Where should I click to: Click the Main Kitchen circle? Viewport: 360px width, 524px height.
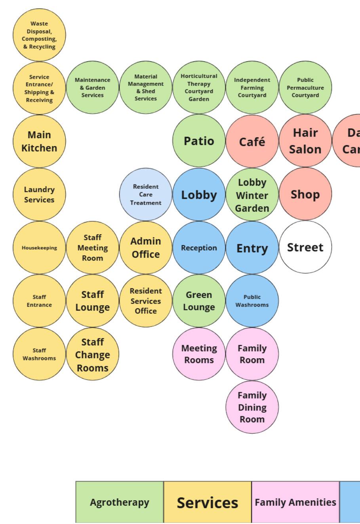39,141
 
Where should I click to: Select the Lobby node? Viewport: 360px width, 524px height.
199,195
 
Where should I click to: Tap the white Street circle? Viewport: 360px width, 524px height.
305,247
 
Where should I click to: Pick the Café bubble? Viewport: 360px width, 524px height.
252,141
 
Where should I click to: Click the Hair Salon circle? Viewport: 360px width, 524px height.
305,141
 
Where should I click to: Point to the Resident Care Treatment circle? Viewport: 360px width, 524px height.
146,194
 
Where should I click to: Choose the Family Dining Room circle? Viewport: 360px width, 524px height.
252,407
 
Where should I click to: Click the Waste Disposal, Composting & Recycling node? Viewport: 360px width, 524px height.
39,35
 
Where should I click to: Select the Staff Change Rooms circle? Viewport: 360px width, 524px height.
93,354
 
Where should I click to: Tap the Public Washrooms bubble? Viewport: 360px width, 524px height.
252,301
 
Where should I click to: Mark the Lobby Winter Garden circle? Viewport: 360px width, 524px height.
252,195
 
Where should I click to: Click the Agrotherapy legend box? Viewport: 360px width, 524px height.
120,502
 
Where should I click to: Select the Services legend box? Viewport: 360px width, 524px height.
208,502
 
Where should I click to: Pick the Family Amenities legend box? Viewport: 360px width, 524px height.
295,502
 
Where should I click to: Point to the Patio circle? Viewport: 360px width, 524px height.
199,141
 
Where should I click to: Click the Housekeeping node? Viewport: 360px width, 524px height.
39,248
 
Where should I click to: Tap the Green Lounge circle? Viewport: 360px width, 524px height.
199,301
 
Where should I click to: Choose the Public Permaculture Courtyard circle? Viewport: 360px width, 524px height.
305,87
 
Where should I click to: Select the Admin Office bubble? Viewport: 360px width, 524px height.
146,248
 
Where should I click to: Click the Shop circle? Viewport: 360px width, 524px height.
305,194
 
